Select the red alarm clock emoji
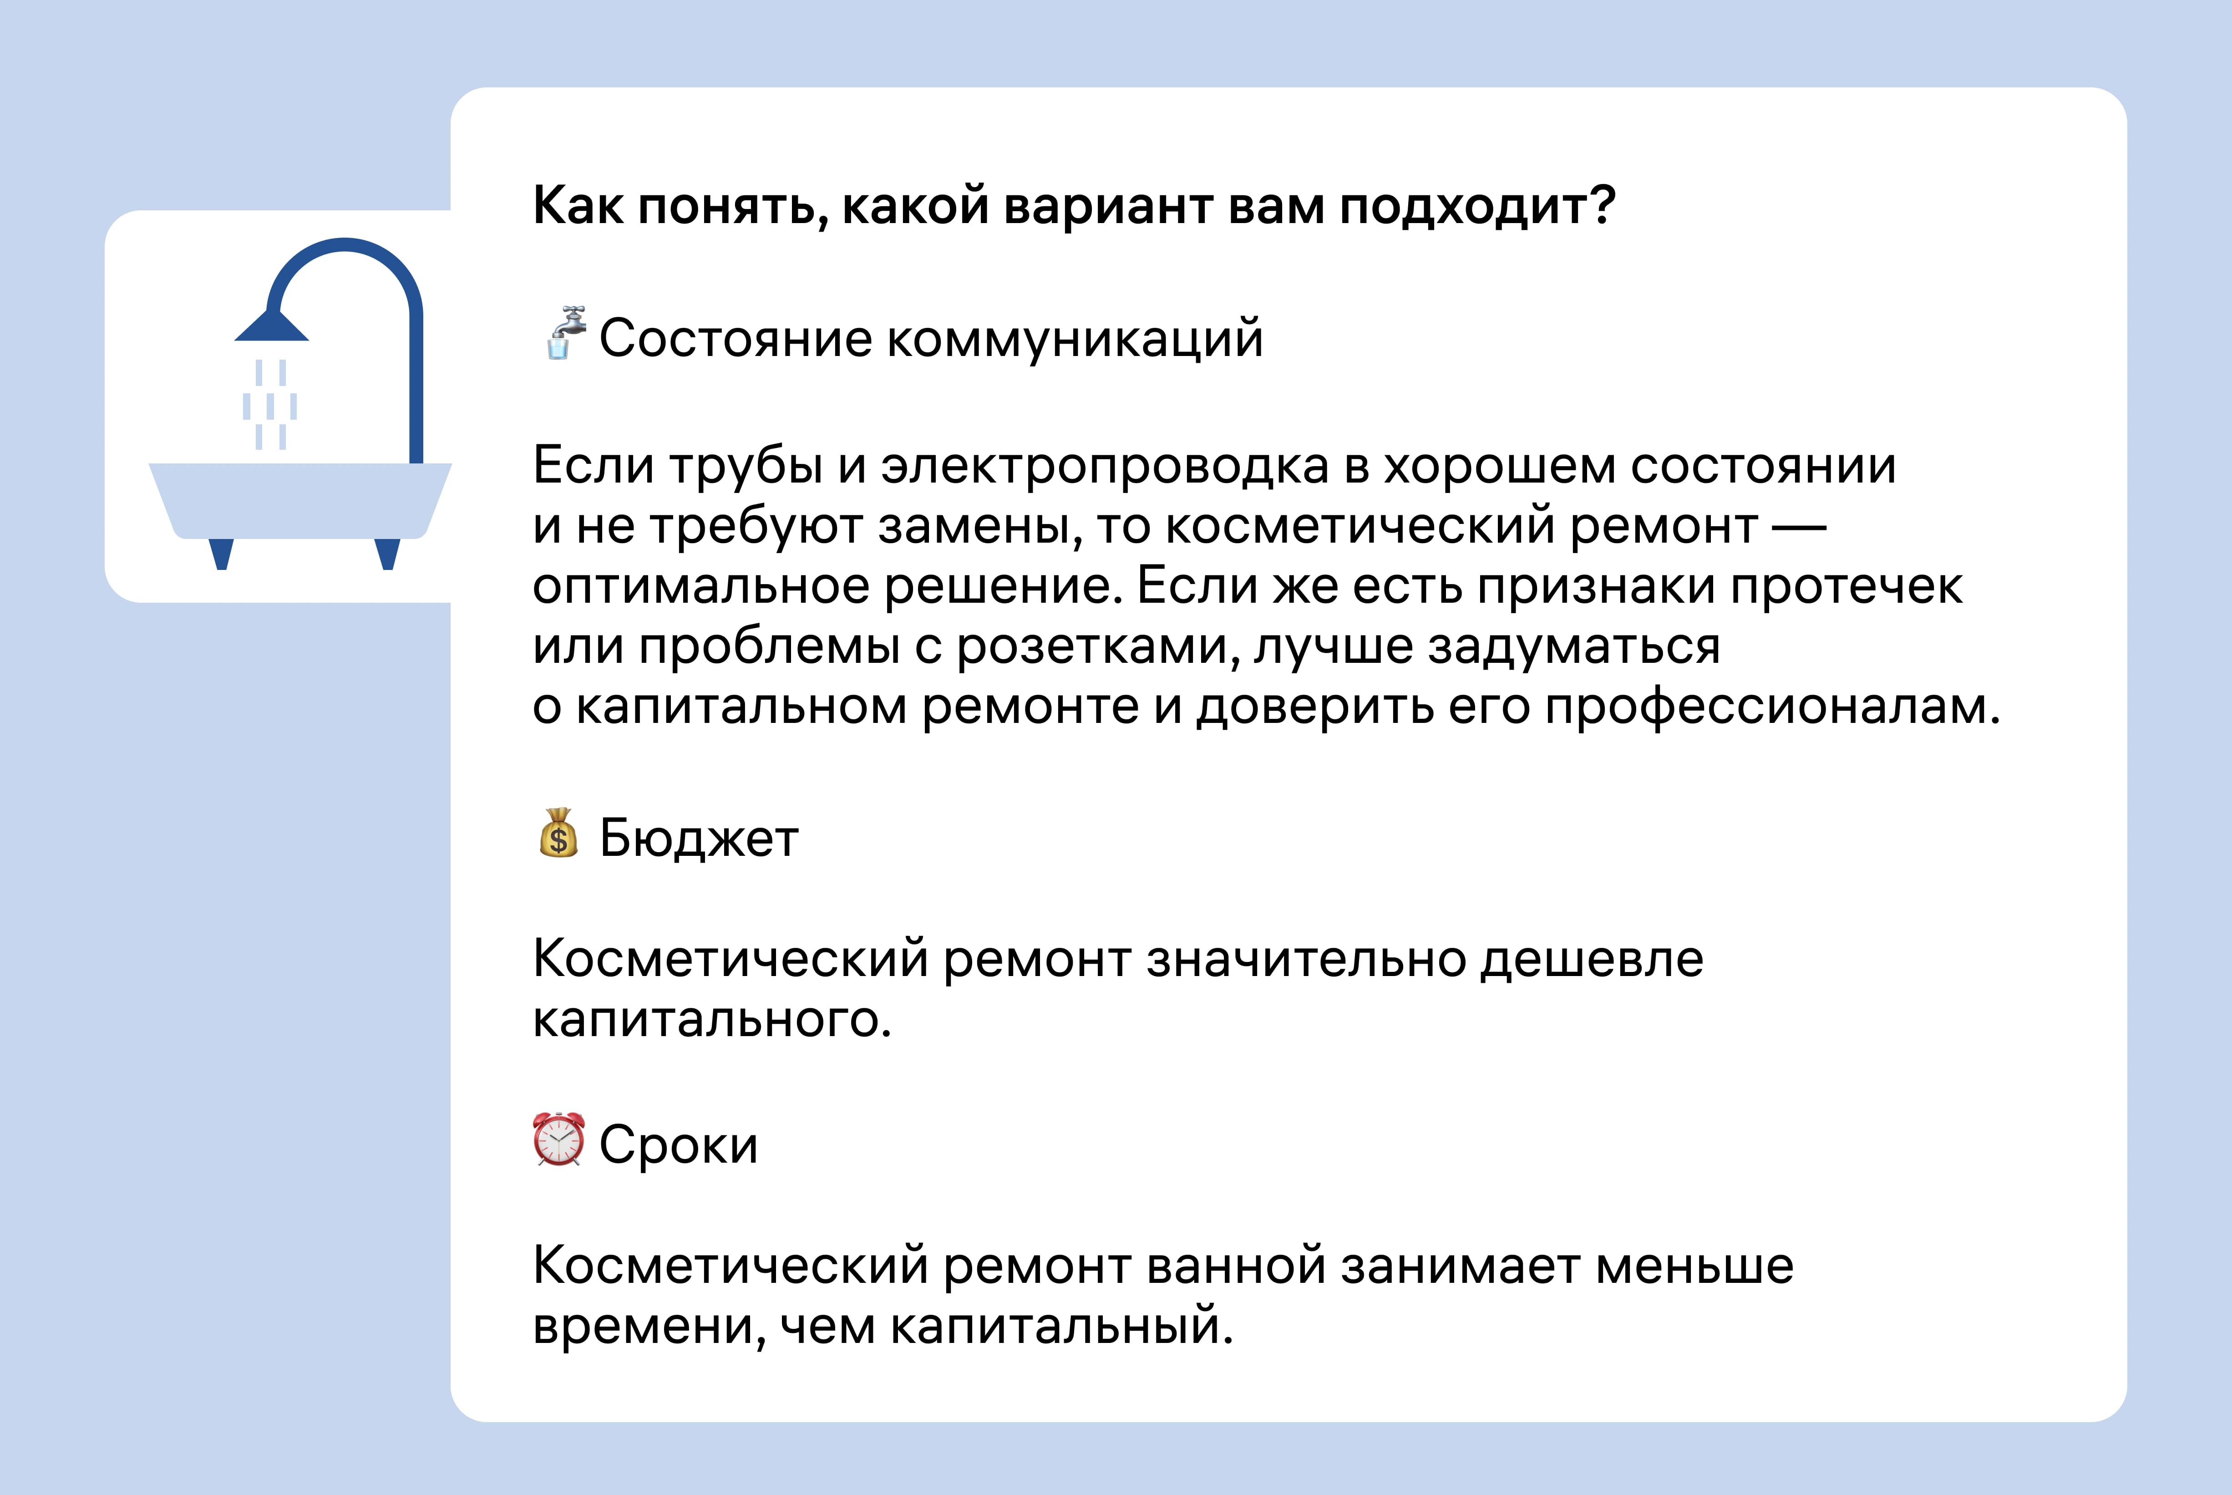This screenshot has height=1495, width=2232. tap(558, 1139)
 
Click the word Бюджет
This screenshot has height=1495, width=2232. tap(699, 839)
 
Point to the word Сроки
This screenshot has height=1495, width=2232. tap(679, 1145)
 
